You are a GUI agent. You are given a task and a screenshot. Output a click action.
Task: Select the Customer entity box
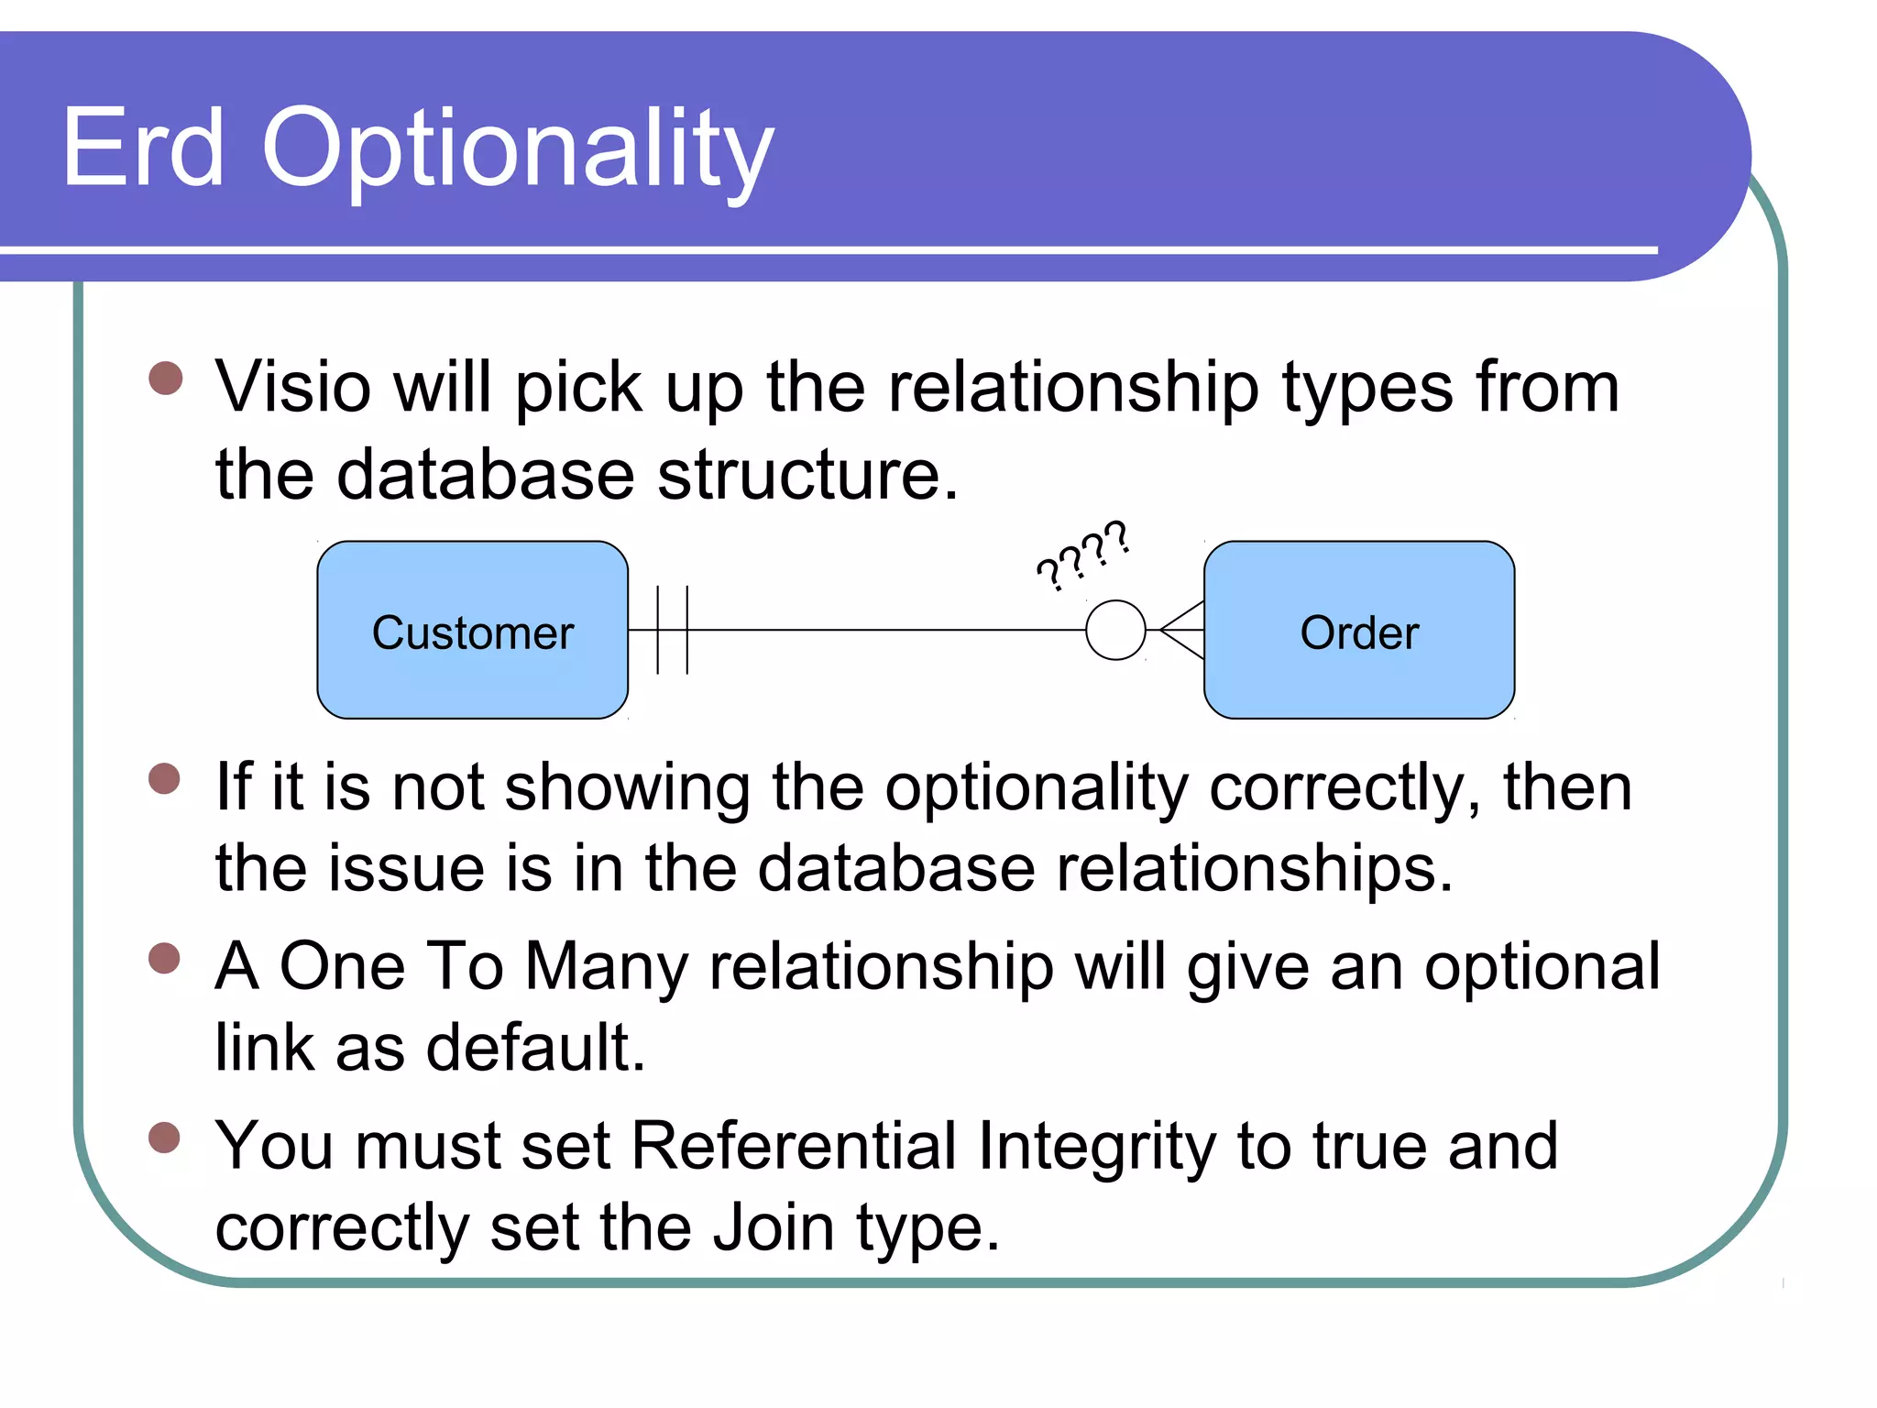[472, 631]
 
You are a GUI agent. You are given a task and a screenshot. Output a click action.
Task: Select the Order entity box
[1358, 631]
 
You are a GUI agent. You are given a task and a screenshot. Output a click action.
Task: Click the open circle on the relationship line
[1114, 630]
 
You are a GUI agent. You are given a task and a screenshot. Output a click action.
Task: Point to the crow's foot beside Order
[1182, 630]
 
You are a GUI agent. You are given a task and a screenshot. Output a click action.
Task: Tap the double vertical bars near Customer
[672, 630]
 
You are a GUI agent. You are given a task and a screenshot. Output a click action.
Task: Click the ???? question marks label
[1082, 555]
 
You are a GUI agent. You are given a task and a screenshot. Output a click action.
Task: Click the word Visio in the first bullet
[293, 387]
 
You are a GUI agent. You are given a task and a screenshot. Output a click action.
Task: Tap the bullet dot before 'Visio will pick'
[166, 378]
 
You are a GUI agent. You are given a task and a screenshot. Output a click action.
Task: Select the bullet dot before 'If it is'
[165, 778]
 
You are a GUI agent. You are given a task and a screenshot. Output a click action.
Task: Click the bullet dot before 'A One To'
[165, 958]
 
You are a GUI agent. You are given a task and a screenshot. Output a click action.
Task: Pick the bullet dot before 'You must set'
[165, 1137]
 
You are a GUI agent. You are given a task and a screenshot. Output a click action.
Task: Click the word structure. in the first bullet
[807, 475]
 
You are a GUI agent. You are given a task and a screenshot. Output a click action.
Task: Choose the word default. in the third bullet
[536, 1048]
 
